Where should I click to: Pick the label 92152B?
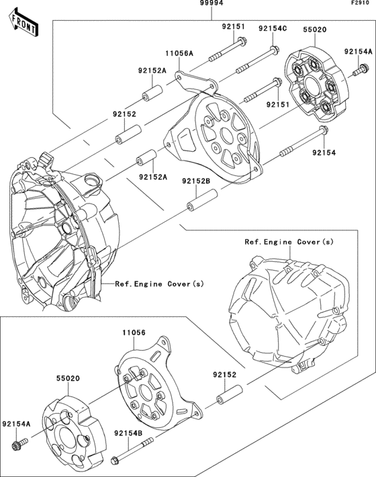(195, 181)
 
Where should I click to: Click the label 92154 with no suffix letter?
(323, 153)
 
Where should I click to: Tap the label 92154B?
(128, 433)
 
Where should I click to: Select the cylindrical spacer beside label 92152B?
(201, 199)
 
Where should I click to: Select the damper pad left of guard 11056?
(71, 430)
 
